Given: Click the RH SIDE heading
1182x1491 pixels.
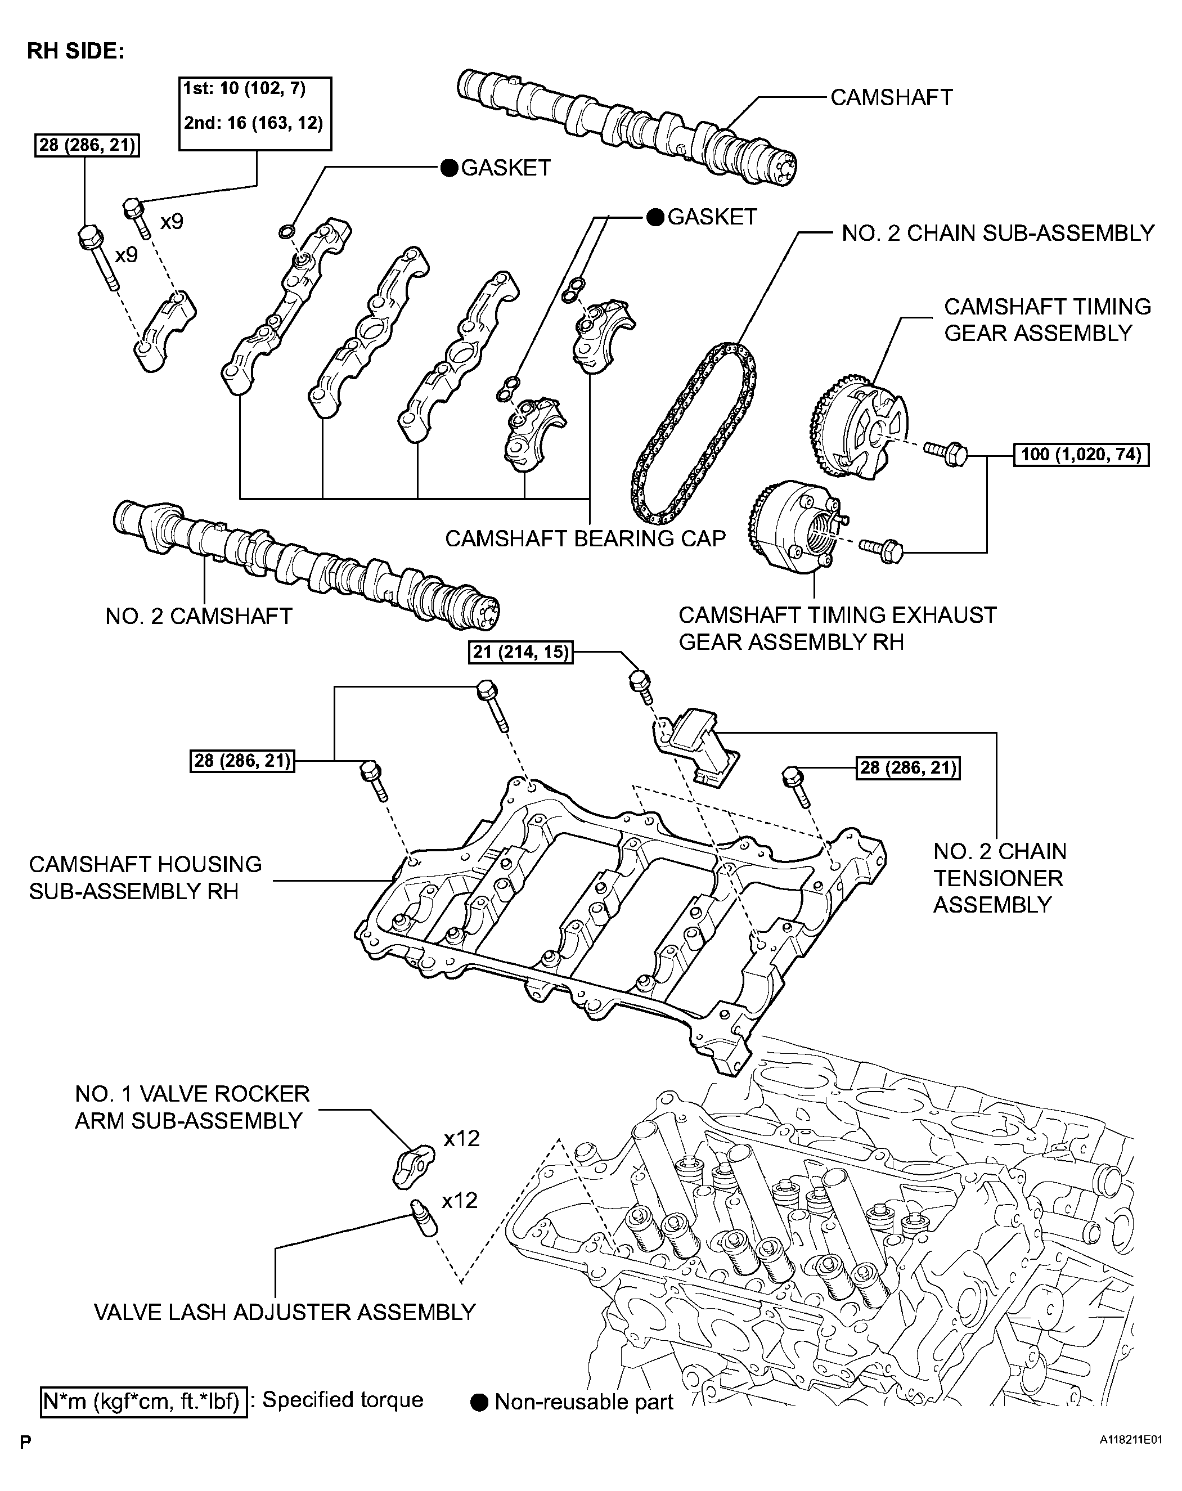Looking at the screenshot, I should tap(75, 51).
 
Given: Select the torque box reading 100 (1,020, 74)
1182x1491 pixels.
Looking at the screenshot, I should tap(1080, 455).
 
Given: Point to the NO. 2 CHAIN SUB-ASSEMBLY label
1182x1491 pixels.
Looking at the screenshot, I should tap(997, 233).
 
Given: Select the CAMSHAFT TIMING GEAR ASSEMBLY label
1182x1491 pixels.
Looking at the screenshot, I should tap(1046, 320).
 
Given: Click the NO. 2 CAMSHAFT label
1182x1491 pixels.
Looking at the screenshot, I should tap(199, 616).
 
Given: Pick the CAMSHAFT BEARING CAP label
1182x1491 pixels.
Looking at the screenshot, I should tap(585, 538).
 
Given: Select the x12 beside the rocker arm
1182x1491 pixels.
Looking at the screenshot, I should tap(461, 1138).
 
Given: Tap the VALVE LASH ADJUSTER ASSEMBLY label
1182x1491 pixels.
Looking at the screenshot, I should tap(284, 1312).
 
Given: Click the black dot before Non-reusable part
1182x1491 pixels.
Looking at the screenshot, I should tap(479, 1403).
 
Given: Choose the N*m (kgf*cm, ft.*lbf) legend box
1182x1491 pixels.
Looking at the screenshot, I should tap(143, 1402).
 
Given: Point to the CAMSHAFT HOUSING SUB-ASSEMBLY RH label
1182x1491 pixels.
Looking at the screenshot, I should tap(145, 878).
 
